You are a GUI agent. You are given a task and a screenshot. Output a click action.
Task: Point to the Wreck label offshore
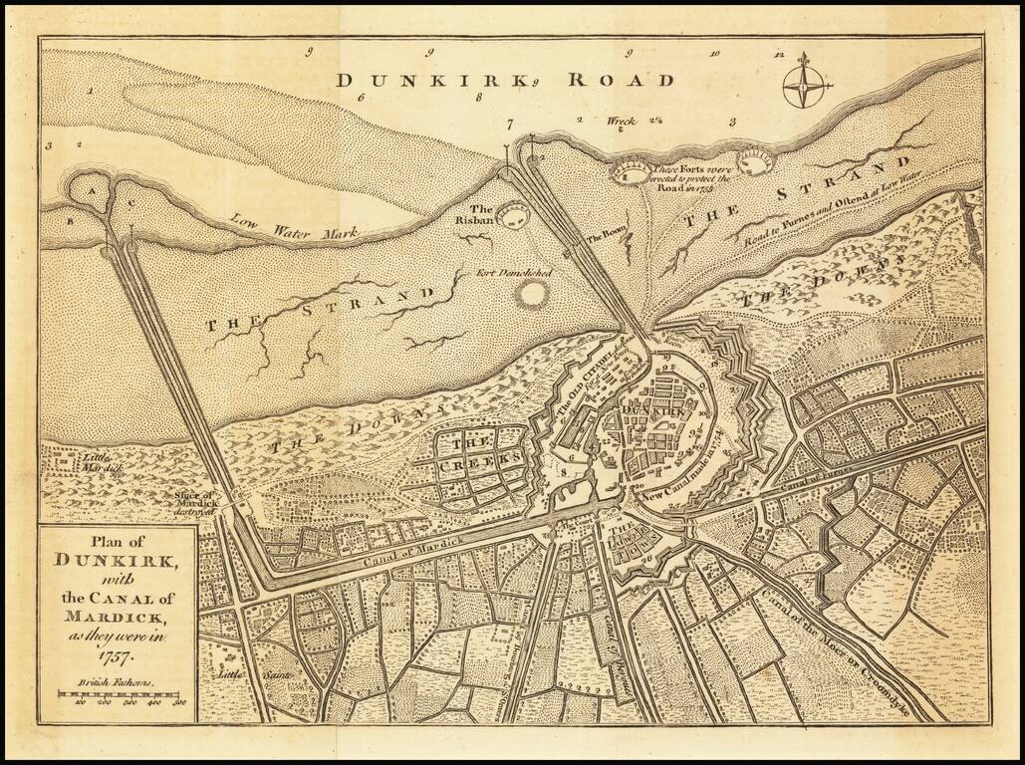(621, 122)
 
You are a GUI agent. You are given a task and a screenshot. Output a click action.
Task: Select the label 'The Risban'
(482, 215)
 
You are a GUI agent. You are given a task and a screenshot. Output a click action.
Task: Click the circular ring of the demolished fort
(532, 294)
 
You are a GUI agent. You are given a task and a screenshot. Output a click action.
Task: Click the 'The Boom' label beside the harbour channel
(604, 237)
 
